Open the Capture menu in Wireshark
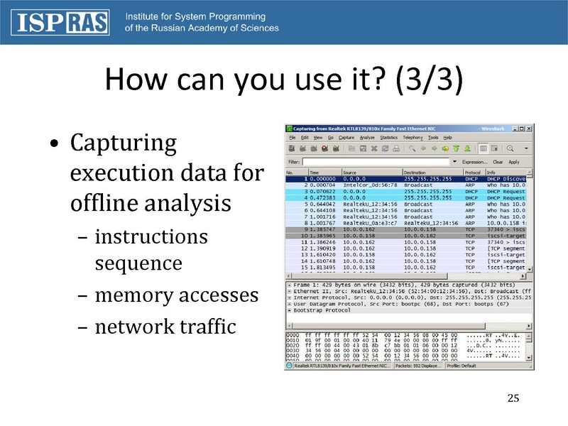coord(346,137)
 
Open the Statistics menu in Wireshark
coord(388,137)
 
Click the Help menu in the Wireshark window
coord(448,137)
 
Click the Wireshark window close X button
coord(528,128)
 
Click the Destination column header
coord(415,172)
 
